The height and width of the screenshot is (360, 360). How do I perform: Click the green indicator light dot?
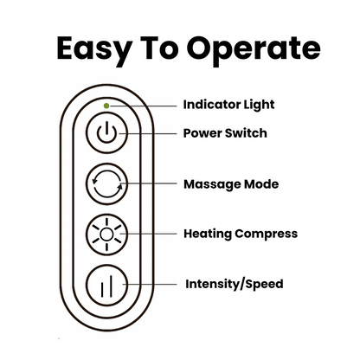[106, 106]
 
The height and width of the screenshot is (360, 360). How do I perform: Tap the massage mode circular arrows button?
[106, 184]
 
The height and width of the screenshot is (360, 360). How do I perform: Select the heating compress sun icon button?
[106, 234]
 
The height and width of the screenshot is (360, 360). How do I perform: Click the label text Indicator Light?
[228, 105]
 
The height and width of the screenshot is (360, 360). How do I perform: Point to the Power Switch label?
[225, 133]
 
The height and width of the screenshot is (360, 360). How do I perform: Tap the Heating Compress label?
[240, 234]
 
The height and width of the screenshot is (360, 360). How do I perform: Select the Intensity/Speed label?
[233, 283]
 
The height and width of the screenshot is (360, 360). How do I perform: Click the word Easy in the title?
[93, 48]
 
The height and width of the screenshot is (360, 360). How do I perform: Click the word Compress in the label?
[267, 235]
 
